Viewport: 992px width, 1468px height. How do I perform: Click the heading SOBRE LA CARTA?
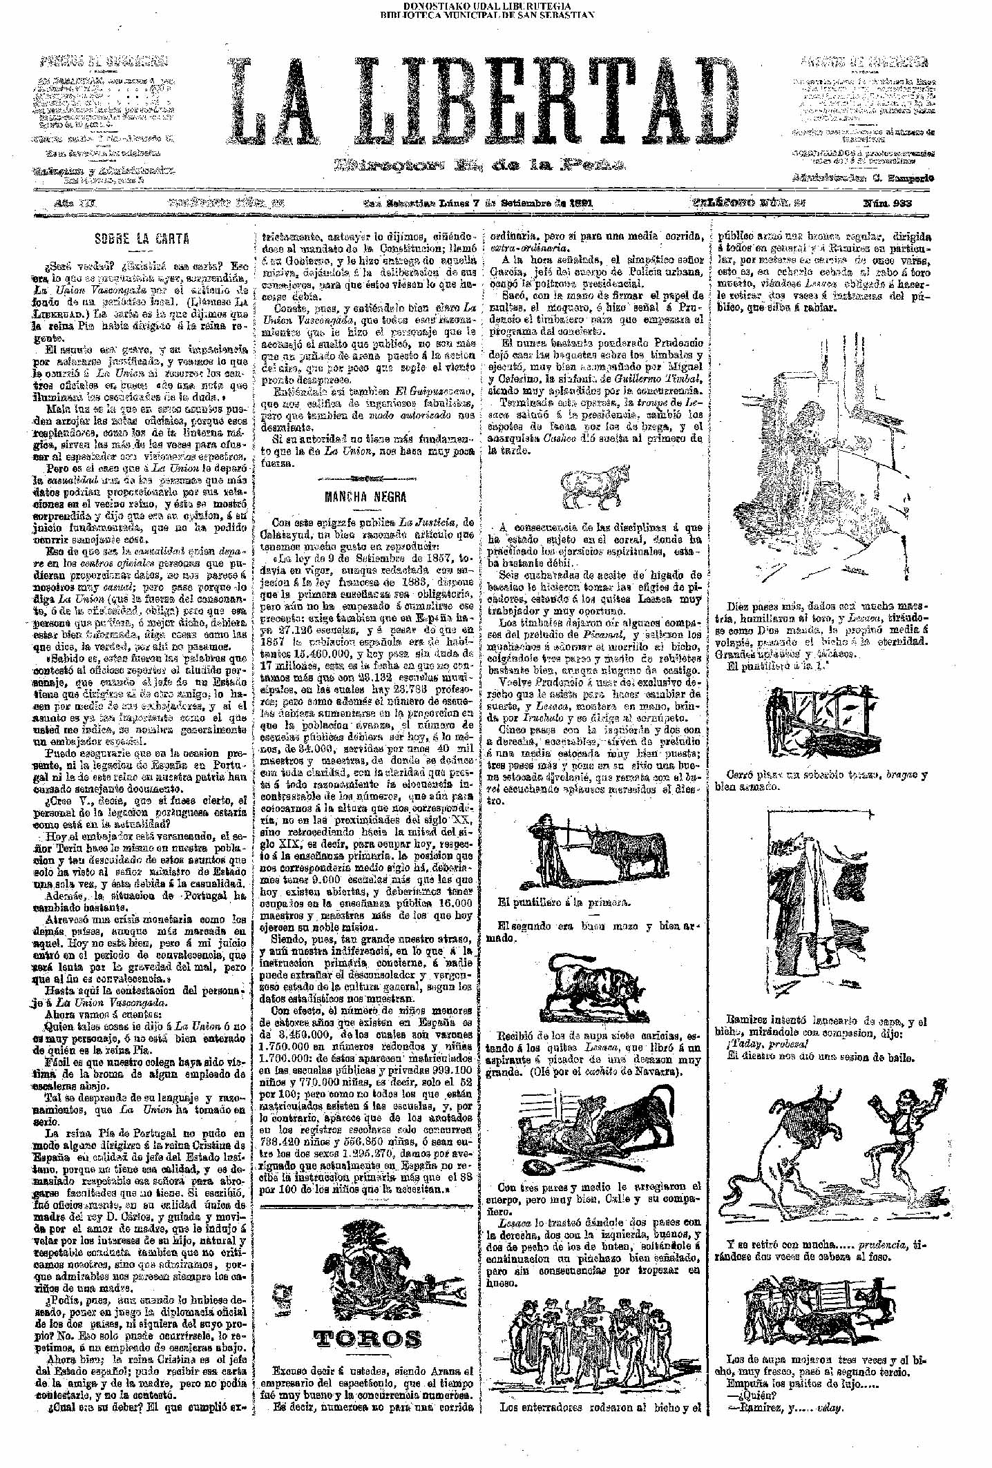[142, 239]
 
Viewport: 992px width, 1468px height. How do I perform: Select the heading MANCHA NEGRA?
[365, 496]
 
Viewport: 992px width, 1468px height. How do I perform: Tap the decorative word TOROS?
[367, 1339]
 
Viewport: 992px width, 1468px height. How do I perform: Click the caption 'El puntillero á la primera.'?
[564, 902]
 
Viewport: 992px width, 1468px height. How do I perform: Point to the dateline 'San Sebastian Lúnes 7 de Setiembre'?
[478, 204]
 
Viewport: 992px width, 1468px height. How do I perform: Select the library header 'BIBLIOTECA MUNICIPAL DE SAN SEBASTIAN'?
[487, 13]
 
